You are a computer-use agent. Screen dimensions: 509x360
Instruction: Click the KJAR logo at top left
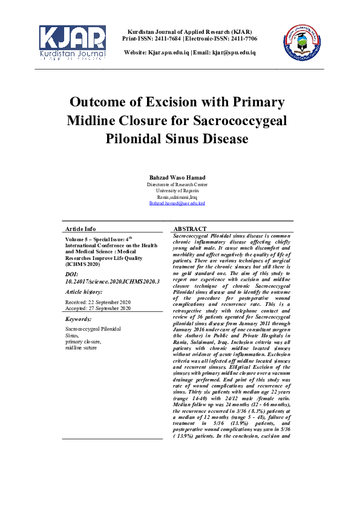(73, 43)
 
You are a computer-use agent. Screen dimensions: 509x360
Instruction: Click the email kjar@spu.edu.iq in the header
(233, 53)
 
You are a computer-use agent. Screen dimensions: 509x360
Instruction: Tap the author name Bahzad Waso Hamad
(177, 177)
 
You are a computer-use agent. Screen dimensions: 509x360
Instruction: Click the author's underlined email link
(177, 203)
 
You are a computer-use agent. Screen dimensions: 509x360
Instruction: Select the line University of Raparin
(177, 190)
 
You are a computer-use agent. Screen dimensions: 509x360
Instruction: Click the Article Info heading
(80, 229)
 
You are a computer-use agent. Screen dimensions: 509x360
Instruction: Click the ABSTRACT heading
(190, 229)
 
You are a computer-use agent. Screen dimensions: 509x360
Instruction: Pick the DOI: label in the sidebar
(73, 274)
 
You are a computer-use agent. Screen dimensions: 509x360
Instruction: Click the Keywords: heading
(79, 319)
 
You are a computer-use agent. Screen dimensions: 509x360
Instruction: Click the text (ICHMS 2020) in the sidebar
(82, 264)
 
